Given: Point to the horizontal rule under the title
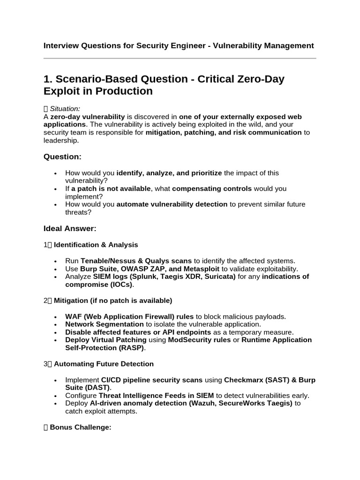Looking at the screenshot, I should tap(180, 59).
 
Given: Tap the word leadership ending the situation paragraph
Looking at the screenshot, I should tap(61, 140).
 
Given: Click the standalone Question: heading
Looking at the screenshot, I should tap(62, 157).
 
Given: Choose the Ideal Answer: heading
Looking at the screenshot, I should tap(70, 229).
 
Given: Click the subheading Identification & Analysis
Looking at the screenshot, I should tap(96, 245).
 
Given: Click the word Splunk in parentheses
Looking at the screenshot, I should tap(137, 277).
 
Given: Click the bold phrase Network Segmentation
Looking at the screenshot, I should tap(104, 324).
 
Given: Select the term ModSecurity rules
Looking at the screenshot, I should tap(199, 340).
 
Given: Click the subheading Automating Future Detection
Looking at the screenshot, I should tap(104, 364).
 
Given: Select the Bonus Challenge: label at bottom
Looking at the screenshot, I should tap(80, 427).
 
